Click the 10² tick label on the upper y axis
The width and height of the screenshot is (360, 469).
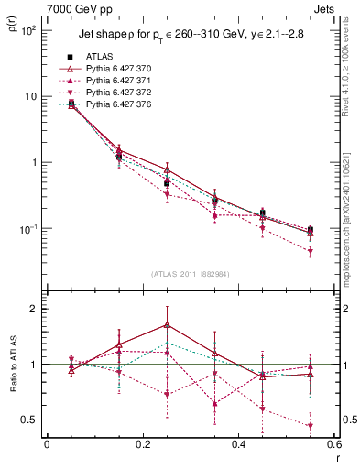coord(28,30)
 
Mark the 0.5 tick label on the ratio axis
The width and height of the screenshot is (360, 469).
coord(29,420)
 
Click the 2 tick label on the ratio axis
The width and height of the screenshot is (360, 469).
coord(34,309)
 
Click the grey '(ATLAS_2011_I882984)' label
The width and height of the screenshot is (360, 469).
coord(190,274)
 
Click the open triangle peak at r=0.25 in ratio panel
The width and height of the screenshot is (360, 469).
coord(167,324)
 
